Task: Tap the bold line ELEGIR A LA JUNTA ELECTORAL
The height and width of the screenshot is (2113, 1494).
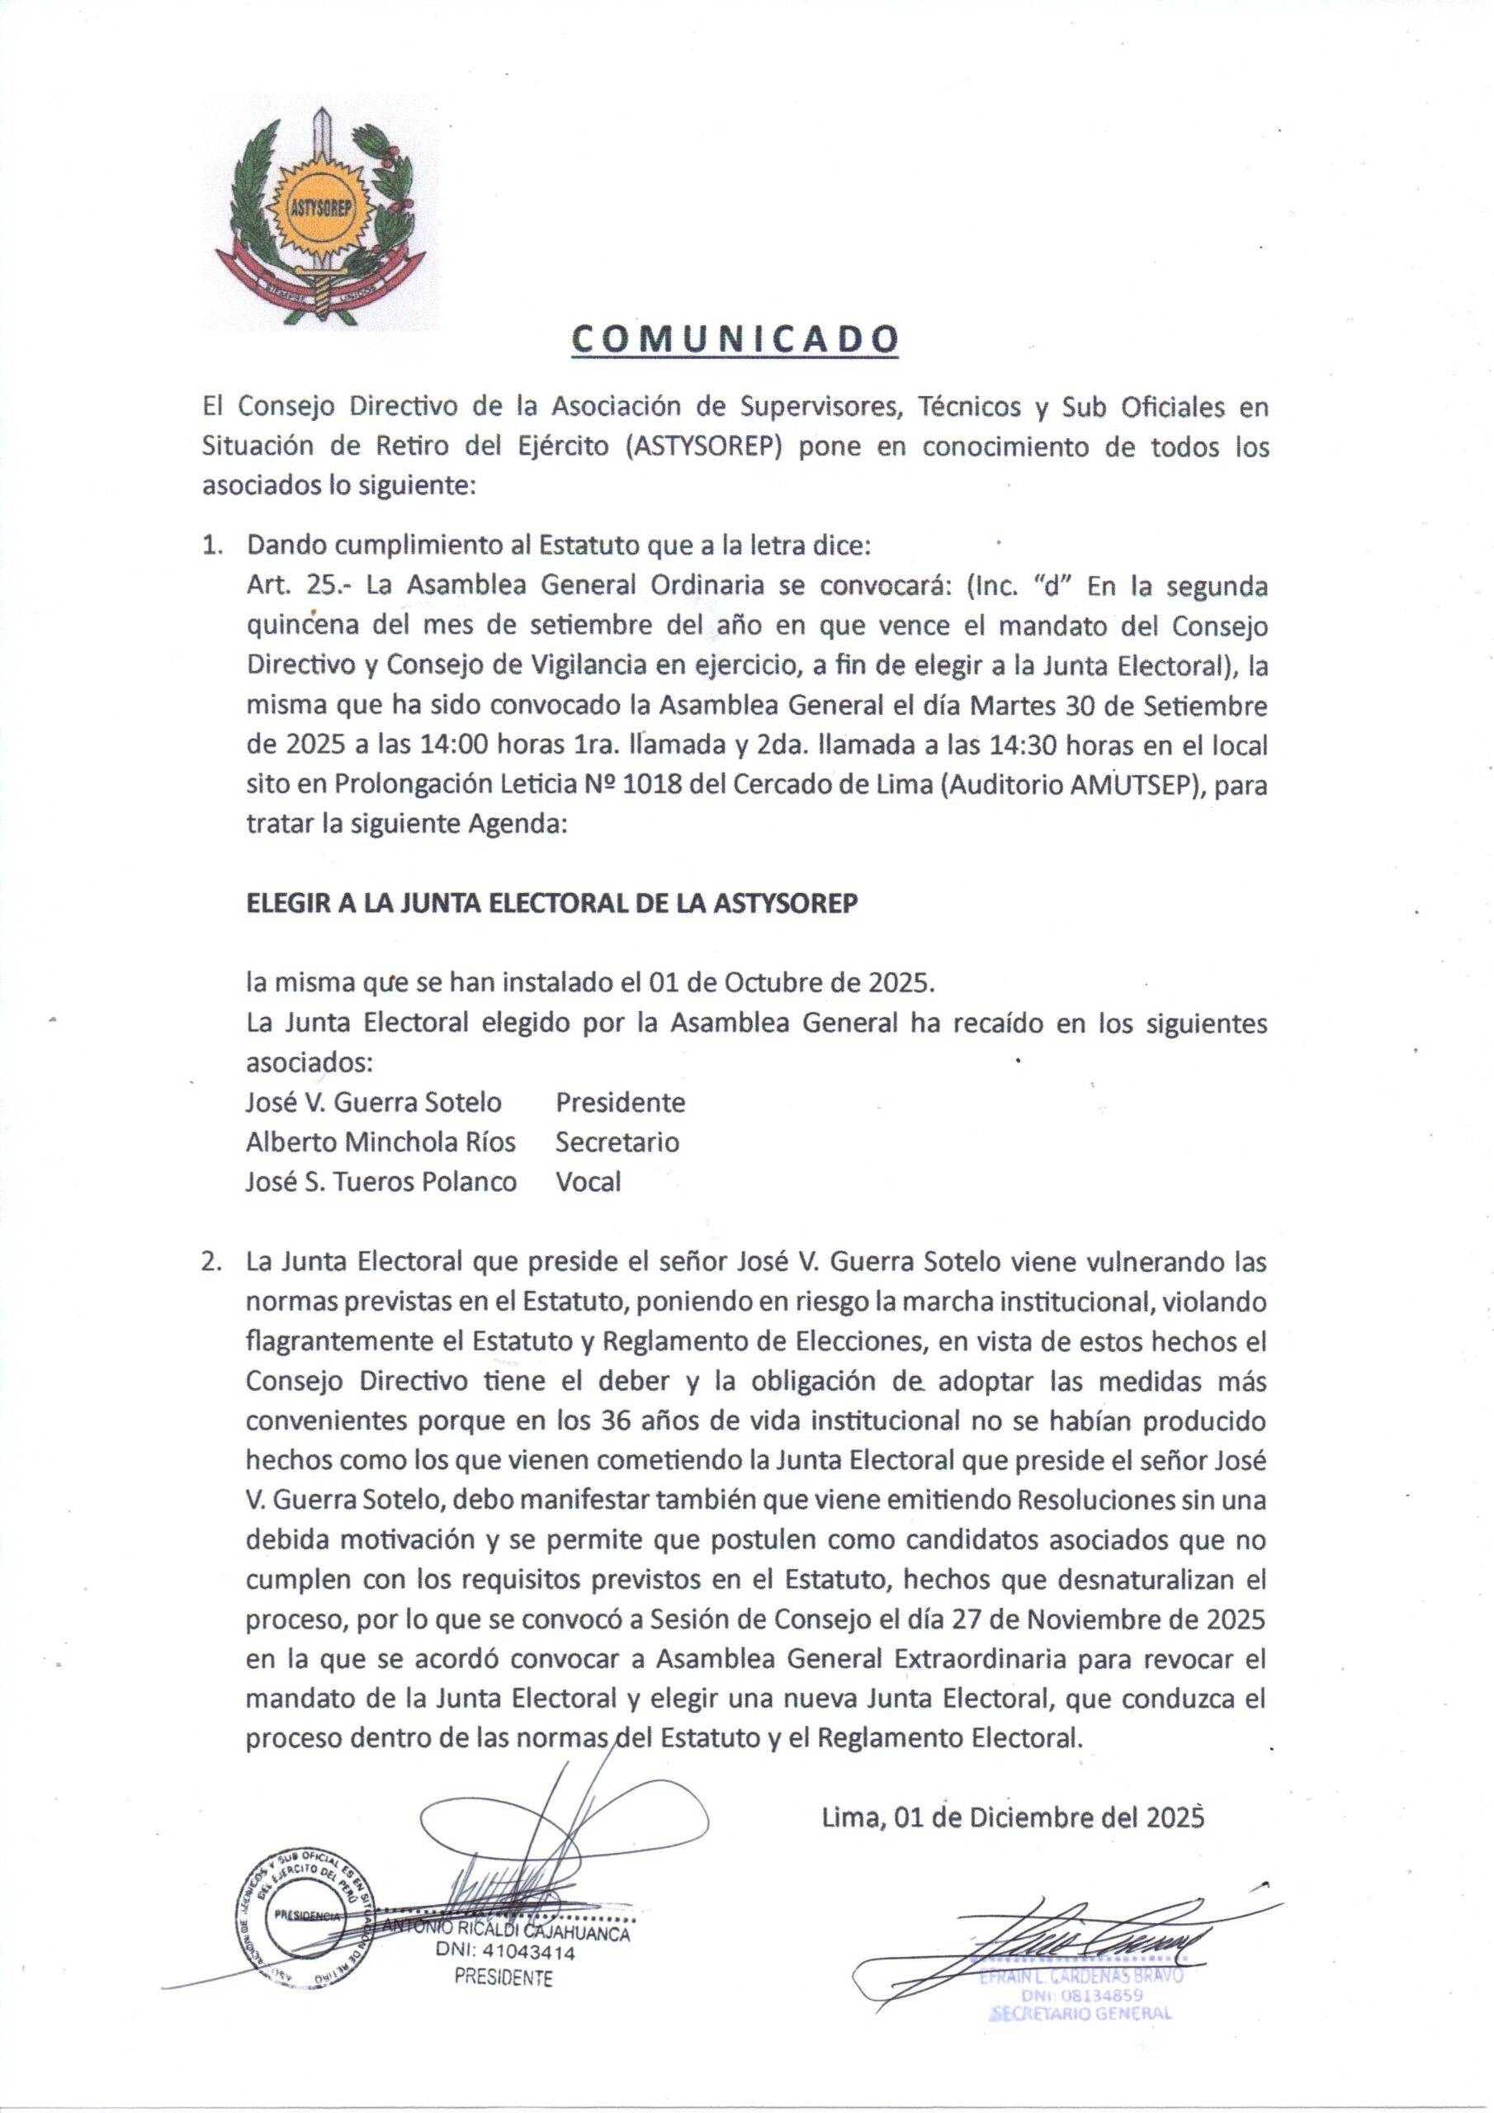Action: pyautogui.click(x=551, y=903)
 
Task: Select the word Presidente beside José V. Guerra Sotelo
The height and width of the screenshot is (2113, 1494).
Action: pyautogui.click(x=620, y=1102)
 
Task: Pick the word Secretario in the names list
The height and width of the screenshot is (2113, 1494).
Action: pyautogui.click(x=617, y=1142)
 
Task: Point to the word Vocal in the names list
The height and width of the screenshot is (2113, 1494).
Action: pyautogui.click(x=588, y=1181)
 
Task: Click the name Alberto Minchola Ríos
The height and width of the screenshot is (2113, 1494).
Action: pyautogui.click(x=381, y=1142)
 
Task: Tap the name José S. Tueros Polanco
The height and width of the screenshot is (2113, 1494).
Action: pyautogui.click(x=381, y=1181)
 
